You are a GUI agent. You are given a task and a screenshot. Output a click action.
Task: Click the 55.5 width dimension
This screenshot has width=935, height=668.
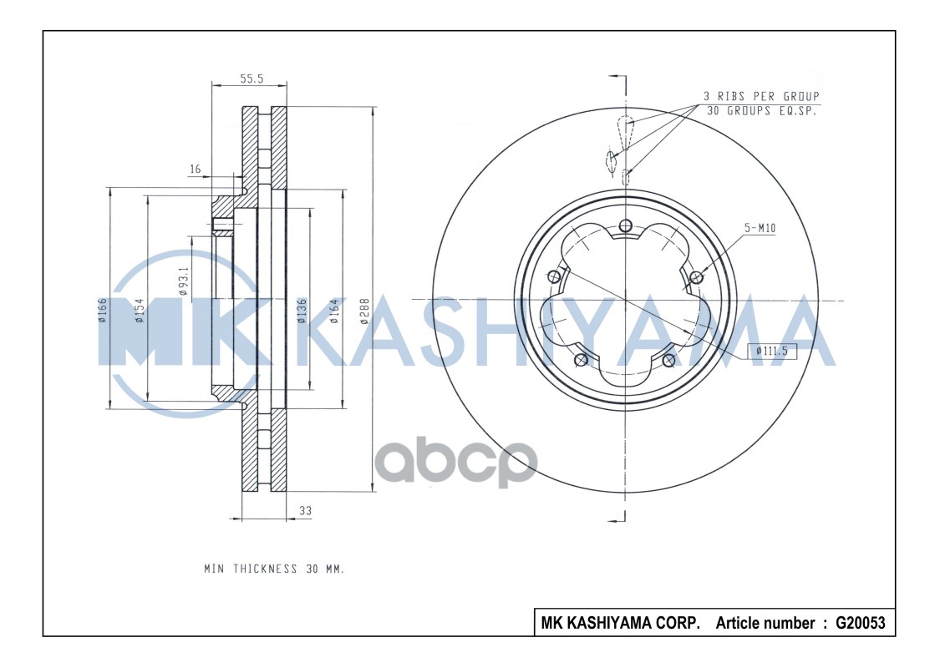point(252,78)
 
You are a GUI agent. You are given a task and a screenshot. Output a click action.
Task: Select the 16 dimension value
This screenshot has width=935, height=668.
point(196,170)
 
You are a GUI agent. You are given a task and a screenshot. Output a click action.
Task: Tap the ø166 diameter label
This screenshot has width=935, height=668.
point(102,311)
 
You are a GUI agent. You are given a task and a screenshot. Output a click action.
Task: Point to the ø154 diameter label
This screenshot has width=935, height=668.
point(140,311)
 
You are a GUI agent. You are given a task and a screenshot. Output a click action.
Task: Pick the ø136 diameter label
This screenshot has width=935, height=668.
point(302,311)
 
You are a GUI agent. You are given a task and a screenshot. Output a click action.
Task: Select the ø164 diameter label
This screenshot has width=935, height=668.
point(334,311)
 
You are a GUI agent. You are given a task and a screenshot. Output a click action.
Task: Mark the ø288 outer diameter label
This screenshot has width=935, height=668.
point(364,311)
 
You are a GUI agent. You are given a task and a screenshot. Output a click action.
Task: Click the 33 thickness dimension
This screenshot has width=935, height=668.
point(305,509)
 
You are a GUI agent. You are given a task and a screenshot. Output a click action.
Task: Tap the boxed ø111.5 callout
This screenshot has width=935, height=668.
point(770,351)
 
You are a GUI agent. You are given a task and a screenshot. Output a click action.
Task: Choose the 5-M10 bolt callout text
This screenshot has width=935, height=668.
point(760,226)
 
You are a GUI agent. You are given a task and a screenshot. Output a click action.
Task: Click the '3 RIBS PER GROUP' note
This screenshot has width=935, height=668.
point(761,96)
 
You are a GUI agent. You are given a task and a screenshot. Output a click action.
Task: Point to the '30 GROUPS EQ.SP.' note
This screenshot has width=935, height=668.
point(761,110)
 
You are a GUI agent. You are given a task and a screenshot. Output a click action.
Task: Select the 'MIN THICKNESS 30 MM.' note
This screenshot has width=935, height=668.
point(274,569)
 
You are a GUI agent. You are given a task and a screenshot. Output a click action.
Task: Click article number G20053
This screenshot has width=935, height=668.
point(860,623)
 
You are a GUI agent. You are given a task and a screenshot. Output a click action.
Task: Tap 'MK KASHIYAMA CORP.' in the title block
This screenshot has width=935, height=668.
point(621,623)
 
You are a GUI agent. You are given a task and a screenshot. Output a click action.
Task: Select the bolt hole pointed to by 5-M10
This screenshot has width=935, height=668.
point(697,276)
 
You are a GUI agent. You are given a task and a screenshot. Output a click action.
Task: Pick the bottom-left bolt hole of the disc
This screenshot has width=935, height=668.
point(582,360)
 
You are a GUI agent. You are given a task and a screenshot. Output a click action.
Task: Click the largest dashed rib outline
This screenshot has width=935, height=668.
point(626,130)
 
